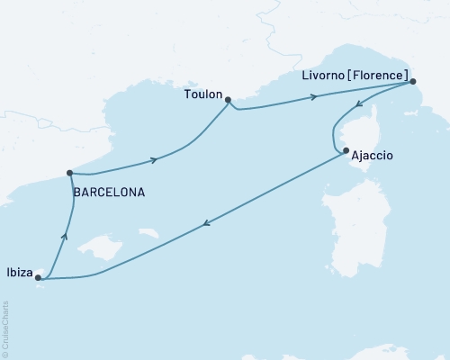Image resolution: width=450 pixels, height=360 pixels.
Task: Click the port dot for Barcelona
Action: [69, 173]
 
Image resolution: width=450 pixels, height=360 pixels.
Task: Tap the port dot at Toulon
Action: [228, 100]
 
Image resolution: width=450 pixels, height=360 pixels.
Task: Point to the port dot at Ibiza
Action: [38, 278]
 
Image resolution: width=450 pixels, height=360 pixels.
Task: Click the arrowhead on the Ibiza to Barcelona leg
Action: [63, 237]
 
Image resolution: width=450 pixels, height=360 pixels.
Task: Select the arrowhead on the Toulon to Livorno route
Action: [314, 96]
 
